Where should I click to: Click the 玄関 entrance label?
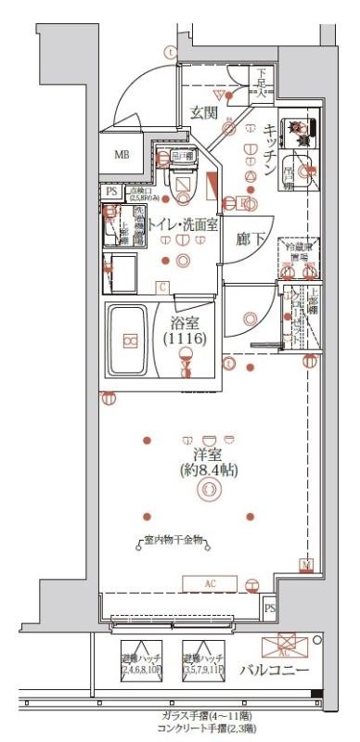tap(204, 112)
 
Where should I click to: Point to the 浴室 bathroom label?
tap(185, 324)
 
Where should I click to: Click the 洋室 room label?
tap(209, 454)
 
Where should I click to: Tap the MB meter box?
tap(122, 154)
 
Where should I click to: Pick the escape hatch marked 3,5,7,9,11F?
tap(205, 660)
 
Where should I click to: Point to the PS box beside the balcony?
tap(270, 608)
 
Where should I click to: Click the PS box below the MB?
tap(111, 191)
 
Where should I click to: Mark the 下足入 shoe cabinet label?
tap(263, 81)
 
